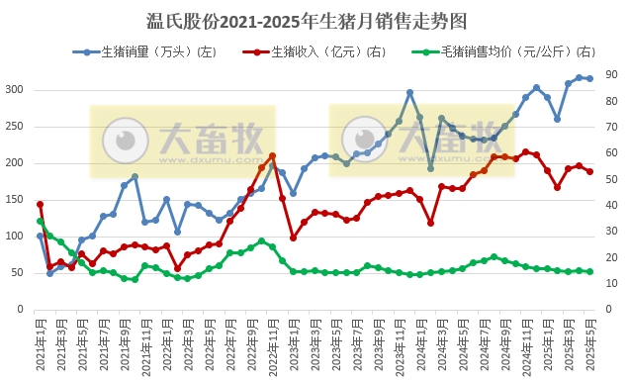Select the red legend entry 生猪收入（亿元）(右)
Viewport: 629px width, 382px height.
click(x=311, y=50)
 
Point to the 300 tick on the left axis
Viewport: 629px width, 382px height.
click(x=14, y=90)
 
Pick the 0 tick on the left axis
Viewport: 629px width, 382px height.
click(x=20, y=310)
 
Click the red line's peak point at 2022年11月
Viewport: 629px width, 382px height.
click(x=272, y=155)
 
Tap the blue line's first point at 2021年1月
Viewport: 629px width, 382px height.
click(x=40, y=236)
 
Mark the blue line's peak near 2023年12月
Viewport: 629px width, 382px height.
click(x=409, y=93)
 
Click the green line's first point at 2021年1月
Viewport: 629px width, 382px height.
click(x=40, y=221)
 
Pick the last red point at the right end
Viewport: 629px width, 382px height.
click(x=590, y=171)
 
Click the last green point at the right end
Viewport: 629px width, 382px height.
click(x=590, y=271)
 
